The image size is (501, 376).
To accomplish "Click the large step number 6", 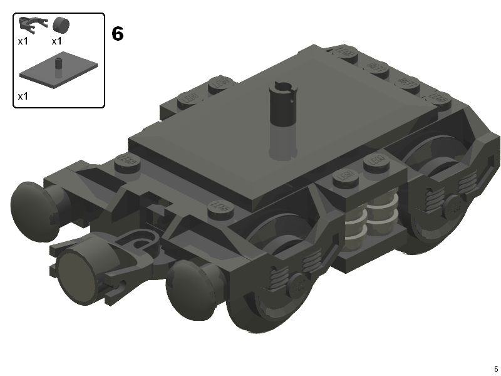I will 118,33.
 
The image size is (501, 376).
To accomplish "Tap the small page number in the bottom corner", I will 495,368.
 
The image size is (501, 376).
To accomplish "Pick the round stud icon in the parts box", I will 61,25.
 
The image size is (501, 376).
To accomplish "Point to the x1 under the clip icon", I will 23,41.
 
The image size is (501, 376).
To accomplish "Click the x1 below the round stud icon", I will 57,41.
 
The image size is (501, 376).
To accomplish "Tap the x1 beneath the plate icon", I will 23,96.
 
